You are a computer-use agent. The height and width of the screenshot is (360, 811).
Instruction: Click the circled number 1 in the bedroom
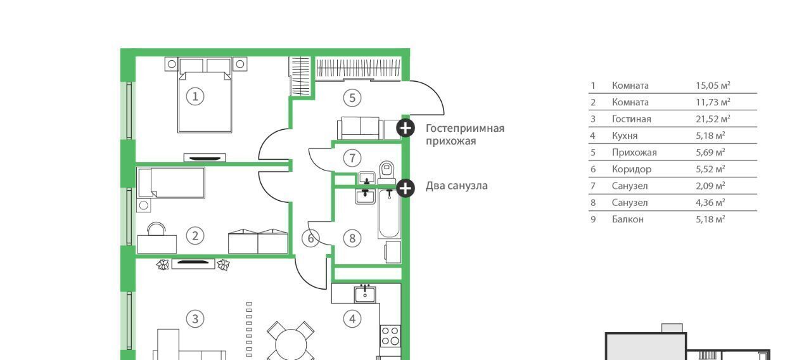tap(195, 96)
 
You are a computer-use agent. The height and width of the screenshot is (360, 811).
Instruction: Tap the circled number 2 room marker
tap(195, 236)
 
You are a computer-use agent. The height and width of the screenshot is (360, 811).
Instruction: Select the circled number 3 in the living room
tap(195, 318)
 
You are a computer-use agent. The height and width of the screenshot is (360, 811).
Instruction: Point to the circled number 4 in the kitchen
tap(352, 318)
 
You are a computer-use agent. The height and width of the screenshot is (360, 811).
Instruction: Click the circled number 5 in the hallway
tap(352, 98)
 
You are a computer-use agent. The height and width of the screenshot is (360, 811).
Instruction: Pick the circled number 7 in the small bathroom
tap(352, 157)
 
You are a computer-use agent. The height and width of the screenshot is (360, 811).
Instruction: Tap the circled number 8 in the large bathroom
tap(352, 238)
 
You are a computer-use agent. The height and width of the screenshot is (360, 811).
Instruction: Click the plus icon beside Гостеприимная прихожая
tap(405, 128)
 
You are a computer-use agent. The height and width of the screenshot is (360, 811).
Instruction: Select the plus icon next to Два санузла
tap(405, 187)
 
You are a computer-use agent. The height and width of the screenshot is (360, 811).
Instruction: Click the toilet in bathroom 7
tap(386, 171)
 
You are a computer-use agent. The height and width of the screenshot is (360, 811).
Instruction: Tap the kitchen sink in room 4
tap(365, 293)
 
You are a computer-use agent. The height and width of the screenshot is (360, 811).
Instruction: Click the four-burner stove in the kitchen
tap(391, 335)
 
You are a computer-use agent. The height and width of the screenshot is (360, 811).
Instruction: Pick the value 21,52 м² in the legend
tap(713, 119)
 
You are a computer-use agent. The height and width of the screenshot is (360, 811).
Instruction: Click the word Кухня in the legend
tap(625, 136)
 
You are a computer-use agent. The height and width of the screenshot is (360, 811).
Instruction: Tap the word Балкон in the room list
tap(627, 219)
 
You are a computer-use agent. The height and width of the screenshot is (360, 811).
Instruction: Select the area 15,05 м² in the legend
tap(713, 86)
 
